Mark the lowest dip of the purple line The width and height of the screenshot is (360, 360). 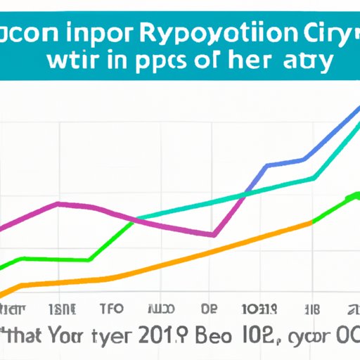pos(213,234)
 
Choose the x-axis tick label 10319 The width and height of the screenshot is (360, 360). pos(258,309)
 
